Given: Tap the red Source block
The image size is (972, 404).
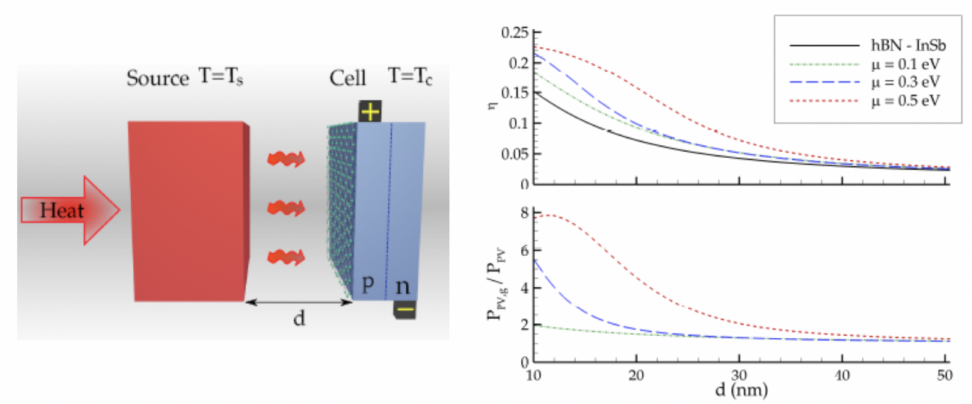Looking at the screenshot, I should coord(187,210).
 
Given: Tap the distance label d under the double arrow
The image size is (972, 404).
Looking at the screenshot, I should coord(298,319).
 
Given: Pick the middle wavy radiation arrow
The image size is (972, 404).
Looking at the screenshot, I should coord(287,206).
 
